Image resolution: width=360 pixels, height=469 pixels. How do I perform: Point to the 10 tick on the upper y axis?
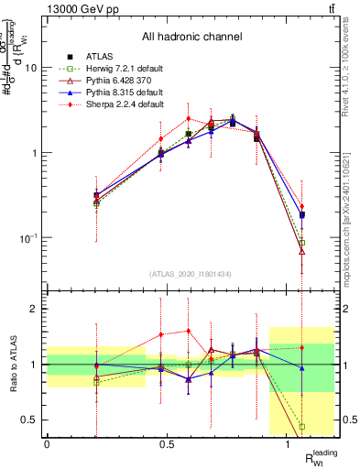tap(31, 68)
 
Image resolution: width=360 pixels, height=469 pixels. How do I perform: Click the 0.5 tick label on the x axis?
tap(167, 444)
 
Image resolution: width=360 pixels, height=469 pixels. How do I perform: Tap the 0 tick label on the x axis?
tap(47, 444)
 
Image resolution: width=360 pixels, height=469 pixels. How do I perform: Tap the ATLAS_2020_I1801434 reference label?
tap(191, 273)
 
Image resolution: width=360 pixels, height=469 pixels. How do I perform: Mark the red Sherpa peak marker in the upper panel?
tap(188, 118)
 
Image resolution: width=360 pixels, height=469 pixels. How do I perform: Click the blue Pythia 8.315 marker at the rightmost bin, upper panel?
tap(301, 214)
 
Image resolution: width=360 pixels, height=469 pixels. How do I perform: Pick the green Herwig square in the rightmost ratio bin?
tap(301, 426)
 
